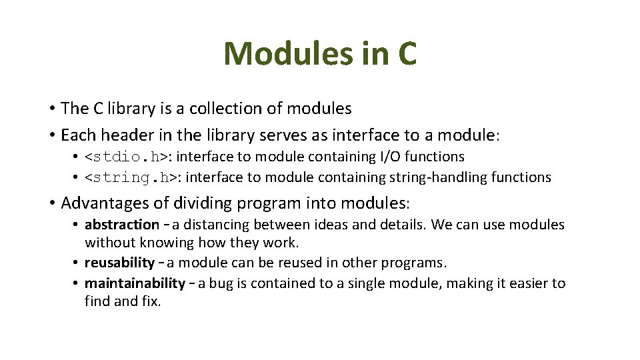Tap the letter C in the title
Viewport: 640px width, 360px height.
tap(407, 53)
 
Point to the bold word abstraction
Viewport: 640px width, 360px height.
tap(122, 225)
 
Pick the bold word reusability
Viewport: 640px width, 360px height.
tap(119, 263)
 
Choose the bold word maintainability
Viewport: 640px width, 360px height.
tap(135, 283)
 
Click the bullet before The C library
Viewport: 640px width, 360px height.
tap(51, 108)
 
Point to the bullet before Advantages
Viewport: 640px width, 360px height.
tap(51, 202)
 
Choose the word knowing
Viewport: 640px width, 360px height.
tap(157, 243)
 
